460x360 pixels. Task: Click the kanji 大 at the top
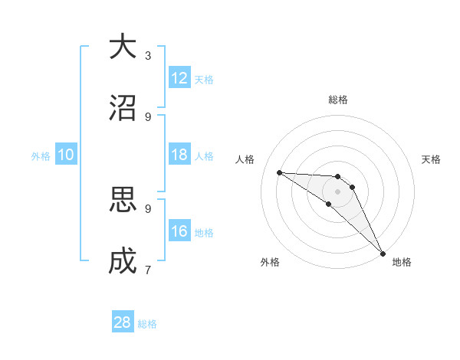123,47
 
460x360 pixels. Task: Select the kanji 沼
123,108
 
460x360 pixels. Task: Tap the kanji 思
123,201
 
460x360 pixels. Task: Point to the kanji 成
123,262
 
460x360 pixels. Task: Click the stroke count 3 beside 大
148,55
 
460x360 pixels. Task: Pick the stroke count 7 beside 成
148,270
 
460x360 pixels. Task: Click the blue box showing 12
179,78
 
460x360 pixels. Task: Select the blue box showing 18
179,155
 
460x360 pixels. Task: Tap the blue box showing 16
179,231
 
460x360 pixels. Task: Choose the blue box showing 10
66,155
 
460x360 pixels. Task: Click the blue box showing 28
123,322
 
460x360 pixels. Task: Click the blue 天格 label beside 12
204,79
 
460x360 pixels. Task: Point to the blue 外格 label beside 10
41,155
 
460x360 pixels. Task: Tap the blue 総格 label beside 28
147,323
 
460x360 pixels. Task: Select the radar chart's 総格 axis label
338,100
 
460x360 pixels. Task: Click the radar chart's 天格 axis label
431,159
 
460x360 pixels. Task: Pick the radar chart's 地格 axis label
402,262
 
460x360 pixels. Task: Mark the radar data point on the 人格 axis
279,172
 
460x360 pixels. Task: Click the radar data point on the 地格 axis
382,253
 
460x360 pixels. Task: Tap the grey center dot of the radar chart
338,191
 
